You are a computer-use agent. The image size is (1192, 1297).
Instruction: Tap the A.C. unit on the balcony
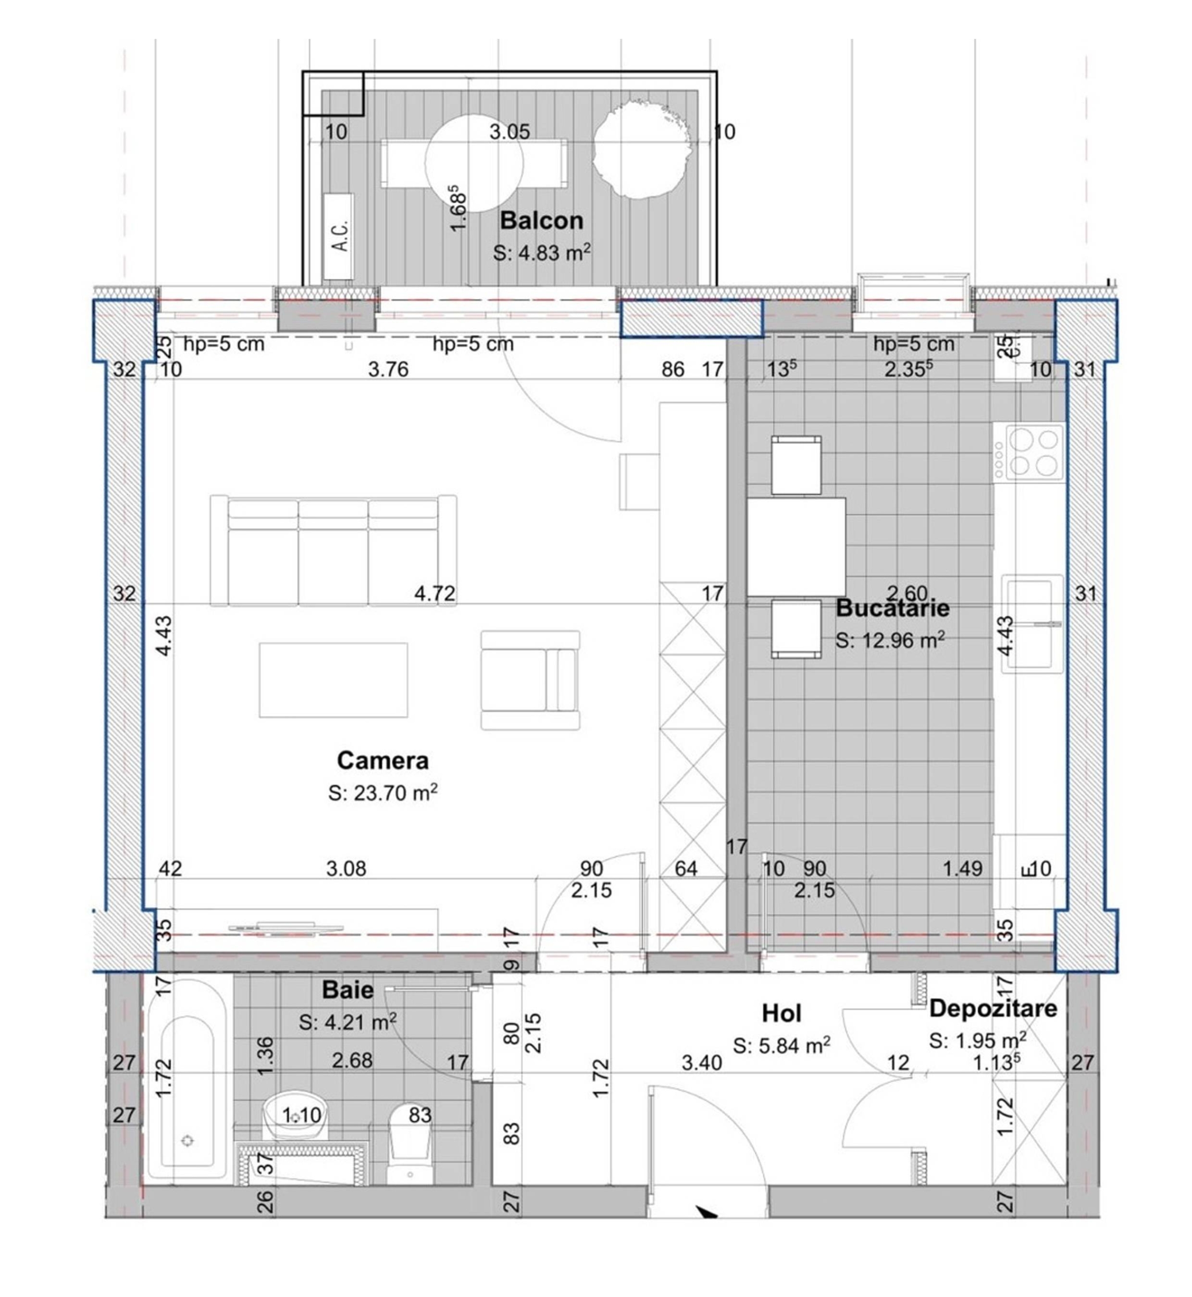(338, 236)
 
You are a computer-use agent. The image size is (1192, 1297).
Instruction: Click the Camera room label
(383, 761)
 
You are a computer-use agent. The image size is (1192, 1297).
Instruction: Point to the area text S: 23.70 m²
(383, 793)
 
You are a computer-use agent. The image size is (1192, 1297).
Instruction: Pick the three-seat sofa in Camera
(333, 550)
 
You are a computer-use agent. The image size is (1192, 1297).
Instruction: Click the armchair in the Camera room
(530, 680)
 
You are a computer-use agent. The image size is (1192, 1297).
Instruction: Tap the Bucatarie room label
(892, 608)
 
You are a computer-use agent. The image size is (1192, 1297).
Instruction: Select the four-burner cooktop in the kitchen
(1028, 452)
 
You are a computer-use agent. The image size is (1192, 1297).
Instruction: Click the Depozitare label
(993, 1008)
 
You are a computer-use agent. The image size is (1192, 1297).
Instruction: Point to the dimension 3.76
(388, 369)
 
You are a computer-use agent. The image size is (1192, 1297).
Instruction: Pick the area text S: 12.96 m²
(891, 640)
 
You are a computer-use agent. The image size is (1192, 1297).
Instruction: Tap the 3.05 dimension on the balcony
(509, 132)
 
